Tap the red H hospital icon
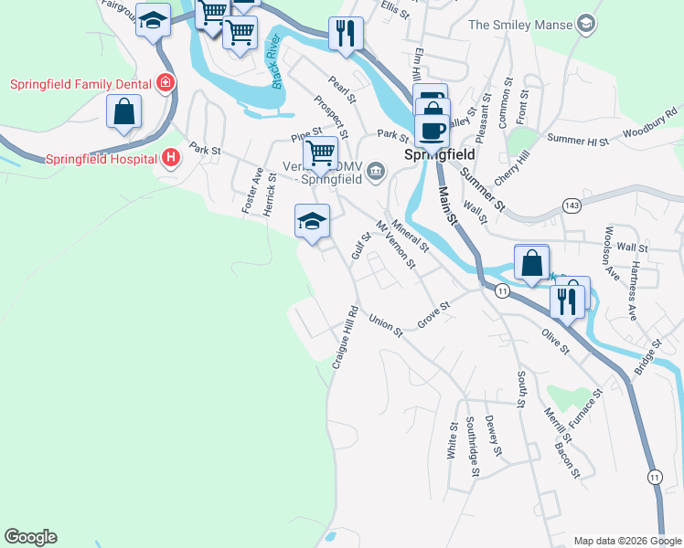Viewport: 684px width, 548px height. tap(170, 159)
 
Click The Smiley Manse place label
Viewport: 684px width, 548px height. tap(519, 25)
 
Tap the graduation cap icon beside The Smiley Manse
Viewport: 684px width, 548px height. tap(587, 25)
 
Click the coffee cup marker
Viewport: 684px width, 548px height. tap(432, 129)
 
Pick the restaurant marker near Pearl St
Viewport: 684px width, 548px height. tap(346, 34)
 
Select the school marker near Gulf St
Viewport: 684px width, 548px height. tap(312, 222)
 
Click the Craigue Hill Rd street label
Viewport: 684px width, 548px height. tap(345, 336)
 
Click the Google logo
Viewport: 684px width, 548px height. tap(30, 537)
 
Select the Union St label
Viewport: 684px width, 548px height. tap(385, 325)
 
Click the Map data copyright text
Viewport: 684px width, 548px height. tap(626, 541)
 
